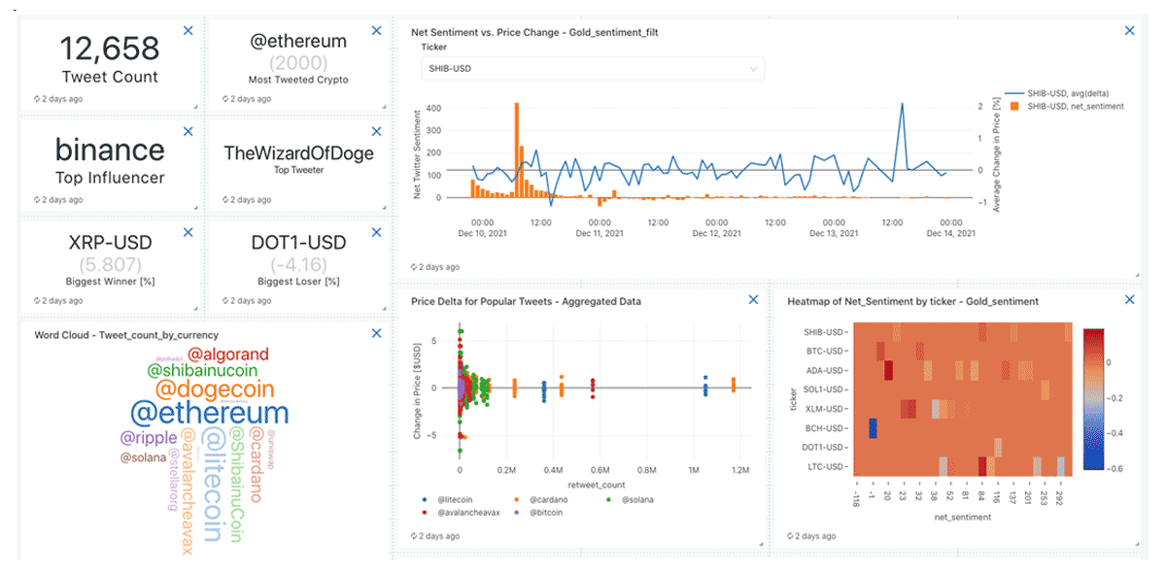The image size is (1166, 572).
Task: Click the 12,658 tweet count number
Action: coord(109,49)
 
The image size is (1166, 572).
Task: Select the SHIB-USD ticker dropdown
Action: coord(593,69)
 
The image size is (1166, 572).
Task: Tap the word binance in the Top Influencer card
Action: coord(110,150)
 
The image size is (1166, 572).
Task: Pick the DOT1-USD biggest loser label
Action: coord(298,242)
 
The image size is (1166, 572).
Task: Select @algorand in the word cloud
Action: coord(227,354)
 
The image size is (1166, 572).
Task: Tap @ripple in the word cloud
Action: coord(149,438)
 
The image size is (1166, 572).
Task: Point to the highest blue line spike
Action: coord(903,105)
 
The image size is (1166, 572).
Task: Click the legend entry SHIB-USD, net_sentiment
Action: coord(1074,106)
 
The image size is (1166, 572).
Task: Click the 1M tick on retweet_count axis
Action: coord(694,470)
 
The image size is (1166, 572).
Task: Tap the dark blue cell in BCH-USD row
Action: coord(873,428)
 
